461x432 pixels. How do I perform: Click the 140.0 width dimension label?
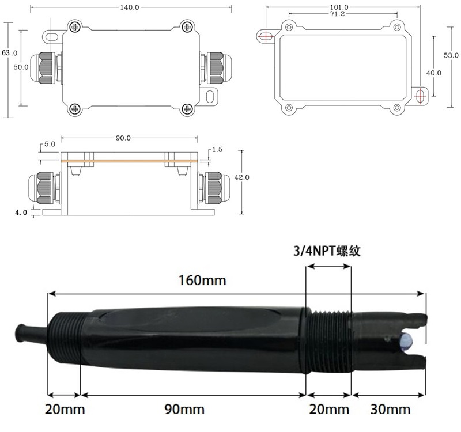(129, 7)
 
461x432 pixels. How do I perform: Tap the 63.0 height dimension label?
(10, 53)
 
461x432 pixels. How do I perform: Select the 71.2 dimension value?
(337, 14)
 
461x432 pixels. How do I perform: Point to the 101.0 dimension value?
(339, 7)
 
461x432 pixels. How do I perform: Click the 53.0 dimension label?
(451, 55)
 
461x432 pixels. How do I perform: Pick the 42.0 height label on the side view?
(241, 177)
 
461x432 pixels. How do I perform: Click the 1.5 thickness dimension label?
(217, 150)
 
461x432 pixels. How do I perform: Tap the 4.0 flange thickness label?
(21, 212)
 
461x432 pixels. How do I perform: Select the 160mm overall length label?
(203, 280)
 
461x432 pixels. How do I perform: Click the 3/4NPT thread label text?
(327, 251)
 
